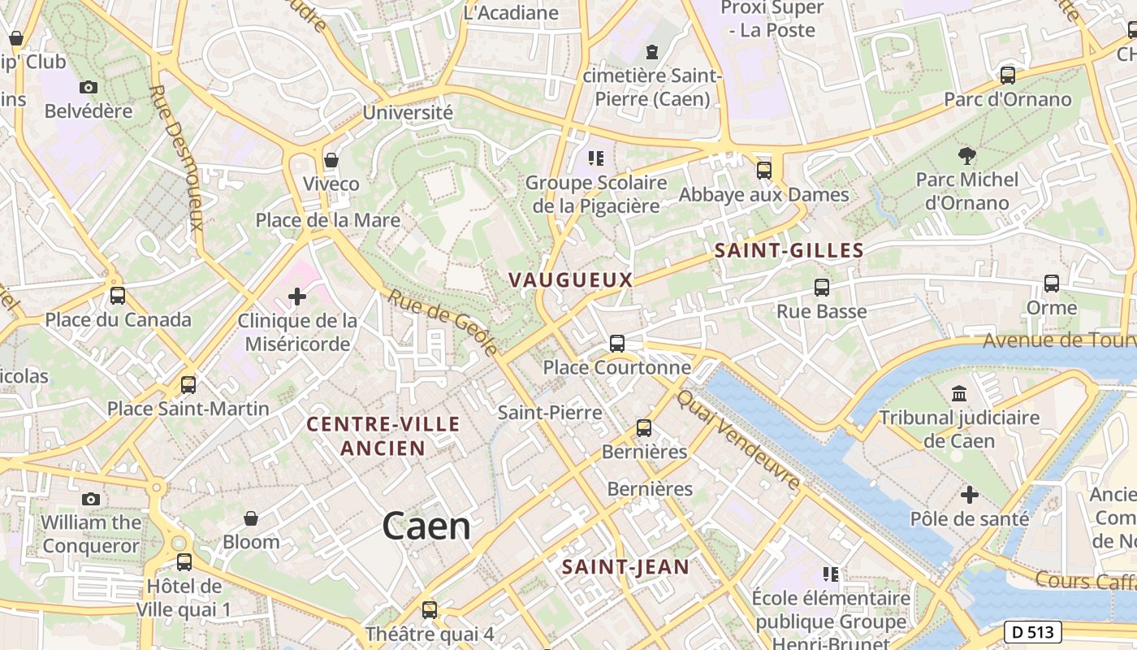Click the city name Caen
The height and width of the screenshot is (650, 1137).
(426, 526)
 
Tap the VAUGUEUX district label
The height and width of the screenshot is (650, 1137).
(570, 279)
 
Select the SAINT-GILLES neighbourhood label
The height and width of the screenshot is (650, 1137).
(789, 251)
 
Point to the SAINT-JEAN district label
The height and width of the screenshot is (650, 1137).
(625, 566)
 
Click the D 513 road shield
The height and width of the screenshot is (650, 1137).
(1033, 631)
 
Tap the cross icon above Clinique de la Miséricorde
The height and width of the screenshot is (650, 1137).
(297, 297)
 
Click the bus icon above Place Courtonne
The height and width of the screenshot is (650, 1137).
(617, 344)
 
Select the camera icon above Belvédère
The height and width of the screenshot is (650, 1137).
(89, 87)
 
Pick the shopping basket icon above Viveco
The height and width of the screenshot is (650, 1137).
(331, 160)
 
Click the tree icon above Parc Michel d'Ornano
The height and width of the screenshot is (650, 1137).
(966, 155)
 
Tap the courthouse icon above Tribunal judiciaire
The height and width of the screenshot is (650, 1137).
(959, 394)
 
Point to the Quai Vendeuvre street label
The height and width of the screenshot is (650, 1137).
(738, 440)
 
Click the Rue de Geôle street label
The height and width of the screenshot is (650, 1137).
(442, 323)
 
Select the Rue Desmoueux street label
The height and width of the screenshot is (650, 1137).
(176, 158)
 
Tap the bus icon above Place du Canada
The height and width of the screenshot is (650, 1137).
(118, 296)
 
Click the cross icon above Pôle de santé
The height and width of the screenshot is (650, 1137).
(969, 495)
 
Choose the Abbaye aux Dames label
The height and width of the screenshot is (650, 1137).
(763, 195)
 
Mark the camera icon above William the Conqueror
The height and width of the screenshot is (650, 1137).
(91, 499)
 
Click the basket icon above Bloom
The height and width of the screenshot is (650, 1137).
(251, 518)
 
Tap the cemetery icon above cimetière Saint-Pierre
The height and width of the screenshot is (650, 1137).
(651, 53)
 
